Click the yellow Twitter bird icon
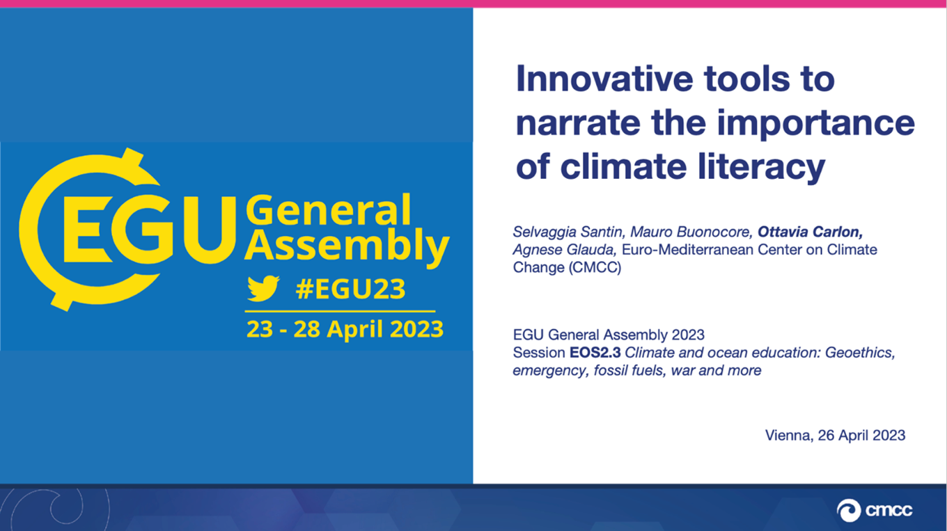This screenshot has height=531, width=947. click(x=263, y=288)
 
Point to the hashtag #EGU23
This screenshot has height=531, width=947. click(x=350, y=289)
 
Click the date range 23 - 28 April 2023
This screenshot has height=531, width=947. click(x=345, y=328)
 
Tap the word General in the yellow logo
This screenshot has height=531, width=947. click(x=329, y=211)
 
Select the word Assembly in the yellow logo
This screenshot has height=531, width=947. click(x=346, y=246)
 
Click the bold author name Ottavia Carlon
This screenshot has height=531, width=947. click(x=811, y=232)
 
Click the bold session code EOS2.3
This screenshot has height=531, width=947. click(x=595, y=353)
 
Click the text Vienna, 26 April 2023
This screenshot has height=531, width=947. click(x=835, y=436)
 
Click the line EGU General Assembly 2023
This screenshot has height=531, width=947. click(x=609, y=335)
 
